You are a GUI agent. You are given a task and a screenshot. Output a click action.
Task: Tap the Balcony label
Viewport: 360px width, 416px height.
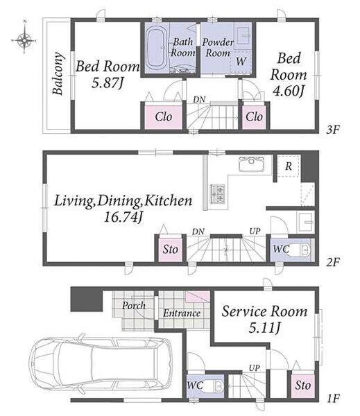click(58, 73)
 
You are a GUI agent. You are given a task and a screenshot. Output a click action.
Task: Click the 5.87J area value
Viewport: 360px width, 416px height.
click(108, 83)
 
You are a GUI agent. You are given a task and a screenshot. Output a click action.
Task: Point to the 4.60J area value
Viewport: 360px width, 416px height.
click(289, 92)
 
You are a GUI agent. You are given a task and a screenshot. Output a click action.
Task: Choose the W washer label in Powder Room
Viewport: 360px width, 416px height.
click(241, 62)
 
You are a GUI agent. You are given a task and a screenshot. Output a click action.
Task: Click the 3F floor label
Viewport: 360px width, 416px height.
click(333, 130)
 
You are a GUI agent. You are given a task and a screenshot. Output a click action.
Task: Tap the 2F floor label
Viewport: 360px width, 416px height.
click(333, 262)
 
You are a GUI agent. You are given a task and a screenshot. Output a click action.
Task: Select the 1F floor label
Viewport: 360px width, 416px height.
click(333, 398)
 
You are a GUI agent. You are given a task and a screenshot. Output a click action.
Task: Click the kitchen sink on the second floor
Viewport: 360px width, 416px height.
click(251, 164)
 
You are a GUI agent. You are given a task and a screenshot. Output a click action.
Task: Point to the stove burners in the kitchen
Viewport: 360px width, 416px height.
click(218, 194)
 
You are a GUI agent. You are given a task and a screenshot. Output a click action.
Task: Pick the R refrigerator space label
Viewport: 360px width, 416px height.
click(289, 166)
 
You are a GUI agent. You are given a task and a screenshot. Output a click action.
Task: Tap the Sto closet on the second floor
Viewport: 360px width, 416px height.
click(170, 250)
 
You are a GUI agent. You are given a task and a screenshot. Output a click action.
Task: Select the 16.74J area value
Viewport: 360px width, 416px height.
click(123, 217)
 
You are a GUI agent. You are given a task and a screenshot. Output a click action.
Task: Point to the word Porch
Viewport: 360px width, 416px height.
click(134, 306)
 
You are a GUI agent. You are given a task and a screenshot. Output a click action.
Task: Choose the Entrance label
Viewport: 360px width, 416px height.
click(182, 313)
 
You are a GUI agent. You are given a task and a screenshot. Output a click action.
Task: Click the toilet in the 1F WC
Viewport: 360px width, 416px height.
click(216, 385)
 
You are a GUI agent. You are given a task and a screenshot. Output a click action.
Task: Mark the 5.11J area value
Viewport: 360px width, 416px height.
click(264, 328)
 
